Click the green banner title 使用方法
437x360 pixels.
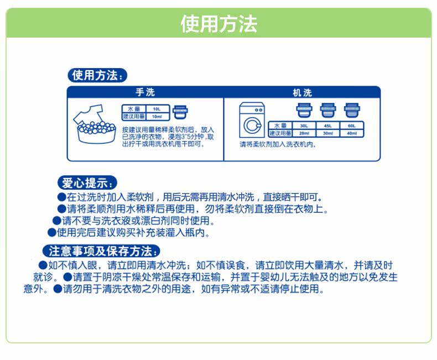tap(218, 24)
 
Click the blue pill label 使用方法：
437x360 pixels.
tap(97, 75)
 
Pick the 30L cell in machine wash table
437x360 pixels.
tap(304, 126)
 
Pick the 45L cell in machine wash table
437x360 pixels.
tap(328, 126)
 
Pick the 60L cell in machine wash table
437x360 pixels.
tap(352, 126)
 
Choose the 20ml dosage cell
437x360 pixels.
tap(304, 133)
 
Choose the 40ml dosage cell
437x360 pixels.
tap(352, 133)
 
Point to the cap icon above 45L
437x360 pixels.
tap(326, 110)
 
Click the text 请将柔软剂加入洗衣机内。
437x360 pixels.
tap(277, 144)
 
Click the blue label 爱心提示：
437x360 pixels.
tap(88, 183)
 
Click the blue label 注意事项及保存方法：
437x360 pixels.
tap(102, 251)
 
